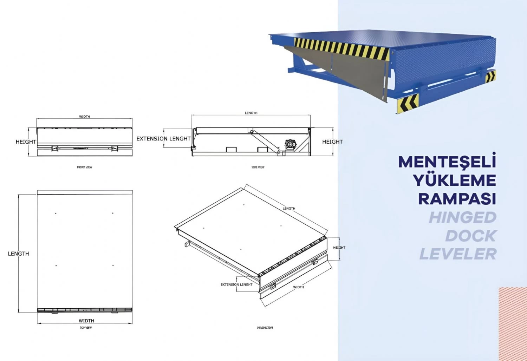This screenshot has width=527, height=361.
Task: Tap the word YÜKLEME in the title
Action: pyautogui.click(x=454, y=180)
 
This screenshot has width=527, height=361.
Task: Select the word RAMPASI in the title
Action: pyautogui.click(x=457, y=199)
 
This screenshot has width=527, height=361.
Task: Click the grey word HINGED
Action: pyautogui.click(x=463, y=217)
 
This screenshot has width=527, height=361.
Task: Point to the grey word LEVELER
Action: pyautogui.click(x=458, y=254)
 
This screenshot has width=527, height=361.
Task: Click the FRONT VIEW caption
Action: pyautogui.click(x=84, y=167)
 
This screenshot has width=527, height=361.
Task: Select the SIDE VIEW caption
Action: pyautogui.click(x=258, y=167)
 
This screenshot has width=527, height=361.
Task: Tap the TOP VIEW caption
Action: pyautogui.click(x=86, y=328)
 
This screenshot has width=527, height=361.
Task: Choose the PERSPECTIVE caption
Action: pyautogui.click(x=265, y=328)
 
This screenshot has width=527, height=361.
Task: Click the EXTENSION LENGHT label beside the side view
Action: pyautogui.click(x=163, y=139)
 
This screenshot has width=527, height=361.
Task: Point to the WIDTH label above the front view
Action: pyautogui.click(x=84, y=117)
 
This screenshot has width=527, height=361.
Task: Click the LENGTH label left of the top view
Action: pyautogui.click(x=18, y=254)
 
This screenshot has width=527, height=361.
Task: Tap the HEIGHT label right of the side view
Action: pyautogui.click(x=332, y=142)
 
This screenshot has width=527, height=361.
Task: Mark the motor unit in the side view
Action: pyautogui.click(x=291, y=144)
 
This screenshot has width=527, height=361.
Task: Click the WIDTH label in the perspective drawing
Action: pyautogui.click(x=298, y=287)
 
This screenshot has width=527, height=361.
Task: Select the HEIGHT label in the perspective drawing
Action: pyautogui.click(x=339, y=248)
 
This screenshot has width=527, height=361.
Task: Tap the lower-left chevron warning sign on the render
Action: pyautogui.click(x=408, y=104)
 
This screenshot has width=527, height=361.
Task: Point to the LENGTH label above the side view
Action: pyautogui.click(x=251, y=113)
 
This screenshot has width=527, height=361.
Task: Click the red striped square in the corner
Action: pyautogui.click(x=513, y=324)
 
